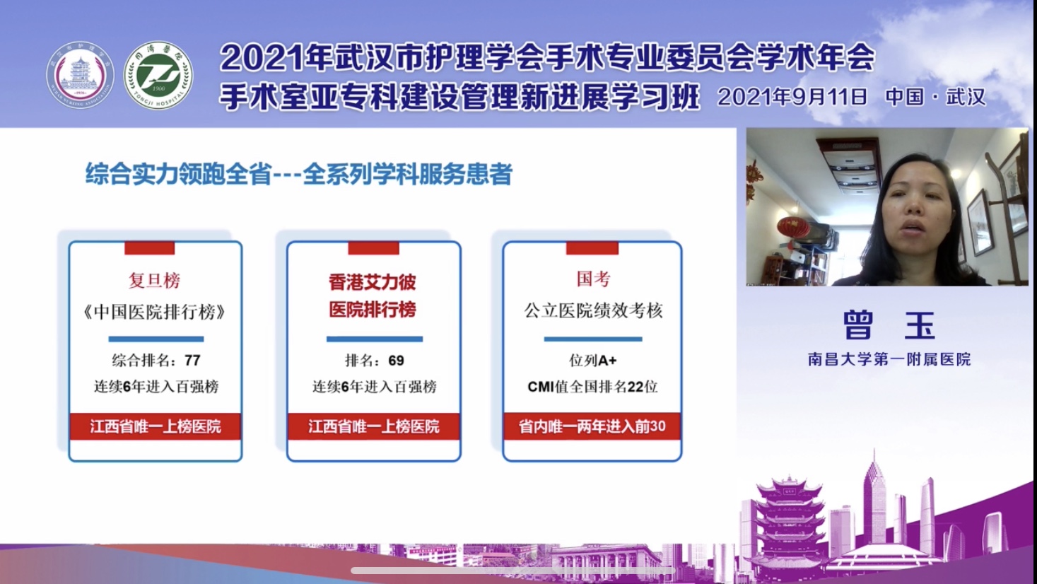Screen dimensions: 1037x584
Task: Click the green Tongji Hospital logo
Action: point(158,76)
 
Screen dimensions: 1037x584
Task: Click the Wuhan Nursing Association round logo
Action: point(80,76)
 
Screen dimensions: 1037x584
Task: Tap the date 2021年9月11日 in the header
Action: point(792,97)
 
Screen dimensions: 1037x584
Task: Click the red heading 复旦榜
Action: point(155,281)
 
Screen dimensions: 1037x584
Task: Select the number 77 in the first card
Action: point(192,361)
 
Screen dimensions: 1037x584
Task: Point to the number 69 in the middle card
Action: point(396,361)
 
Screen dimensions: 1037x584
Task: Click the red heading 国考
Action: point(593,279)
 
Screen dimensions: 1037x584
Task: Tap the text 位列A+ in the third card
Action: point(593,361)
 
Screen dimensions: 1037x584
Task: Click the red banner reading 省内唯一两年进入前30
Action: point(592,426)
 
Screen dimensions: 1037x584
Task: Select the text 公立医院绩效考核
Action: point(593,311)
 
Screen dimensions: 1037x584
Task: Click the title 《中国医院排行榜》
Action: point(155,312)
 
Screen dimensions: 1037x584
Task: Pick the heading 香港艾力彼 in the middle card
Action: point(373,282)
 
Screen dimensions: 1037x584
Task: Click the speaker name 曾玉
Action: point(889,325)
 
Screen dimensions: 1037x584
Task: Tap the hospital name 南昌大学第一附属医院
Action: point(889,359)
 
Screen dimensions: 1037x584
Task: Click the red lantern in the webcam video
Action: point(793,227)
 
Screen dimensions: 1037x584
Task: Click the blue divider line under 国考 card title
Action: point(593,339)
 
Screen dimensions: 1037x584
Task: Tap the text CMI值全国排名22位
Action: point(592,386)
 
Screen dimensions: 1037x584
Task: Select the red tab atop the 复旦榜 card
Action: point(150,247)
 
